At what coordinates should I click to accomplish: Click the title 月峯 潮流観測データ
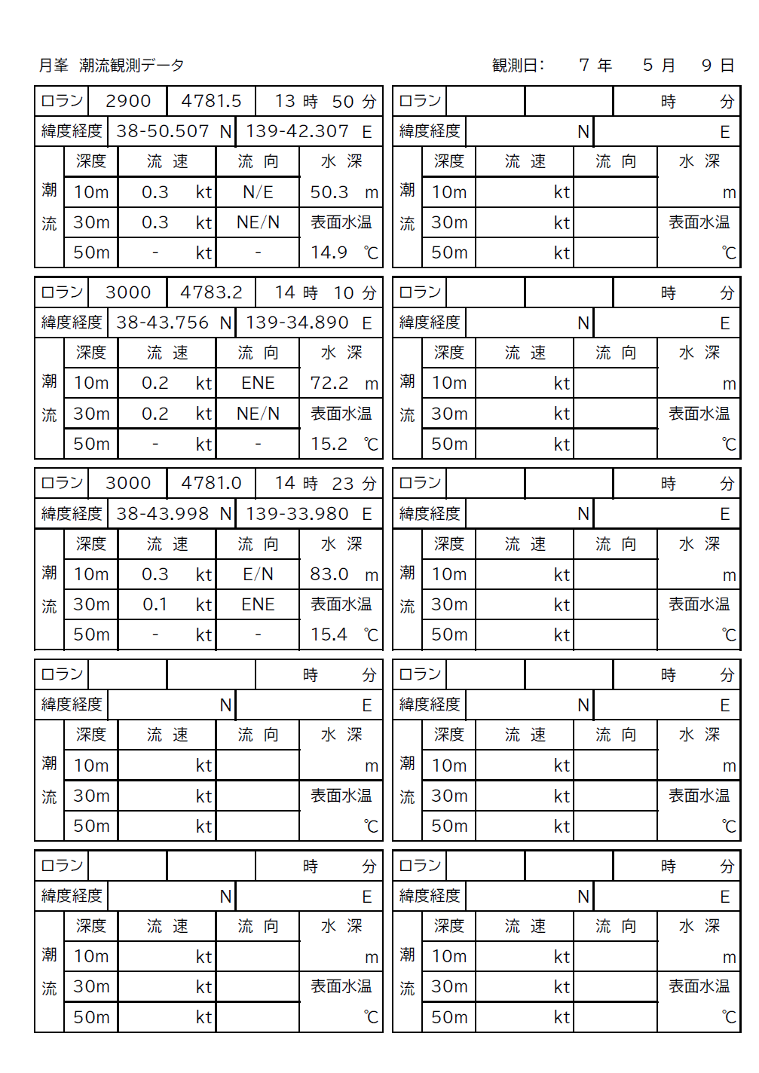[112, 66]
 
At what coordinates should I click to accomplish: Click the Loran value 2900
[128, 101]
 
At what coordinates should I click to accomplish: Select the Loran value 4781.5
[211, 101]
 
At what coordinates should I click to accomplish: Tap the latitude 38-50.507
[162, 131]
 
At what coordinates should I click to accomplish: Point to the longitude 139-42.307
[297, 131]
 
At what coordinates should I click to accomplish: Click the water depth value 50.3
[329, 192]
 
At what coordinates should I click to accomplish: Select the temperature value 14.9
[329, 252]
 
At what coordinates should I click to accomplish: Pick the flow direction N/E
[258, 192]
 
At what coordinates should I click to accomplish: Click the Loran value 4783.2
[211, 292]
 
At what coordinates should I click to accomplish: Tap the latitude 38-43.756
[162, 323]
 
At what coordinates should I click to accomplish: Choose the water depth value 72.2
[329, 383]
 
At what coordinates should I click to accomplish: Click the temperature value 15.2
[329, 444]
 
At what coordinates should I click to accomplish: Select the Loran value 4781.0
[211, 483]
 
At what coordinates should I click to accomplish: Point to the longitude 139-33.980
[297, 514]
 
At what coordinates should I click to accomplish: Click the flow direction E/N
[258, 574]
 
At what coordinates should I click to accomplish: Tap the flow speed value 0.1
[155, 604]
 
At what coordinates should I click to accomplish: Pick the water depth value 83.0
[329, 574]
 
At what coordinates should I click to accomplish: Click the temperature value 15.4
[329, 634]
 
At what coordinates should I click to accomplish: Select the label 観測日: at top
[518, 66]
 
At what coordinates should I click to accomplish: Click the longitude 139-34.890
[297, 323]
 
